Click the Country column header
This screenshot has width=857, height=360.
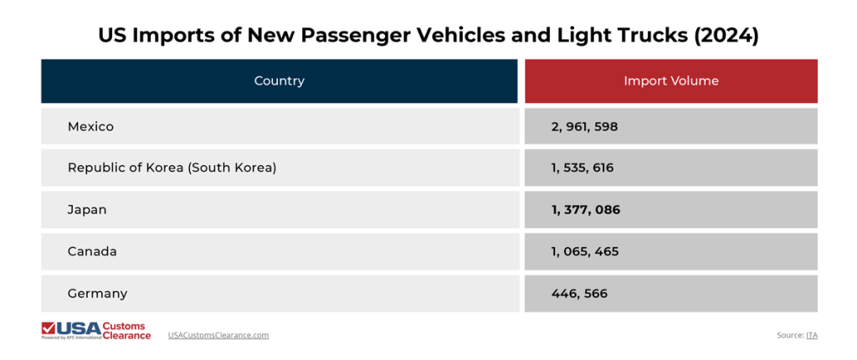pos(279,81)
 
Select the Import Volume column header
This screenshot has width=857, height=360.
pos(670,81)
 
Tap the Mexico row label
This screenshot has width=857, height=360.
pos(90,126)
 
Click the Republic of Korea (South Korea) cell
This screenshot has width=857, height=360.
pos(172,167)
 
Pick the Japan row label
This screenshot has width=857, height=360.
pos(87,210)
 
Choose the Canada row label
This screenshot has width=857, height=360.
pos(92,251)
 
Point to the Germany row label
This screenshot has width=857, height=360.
pos(97,294)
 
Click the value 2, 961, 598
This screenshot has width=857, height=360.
pos(584,126)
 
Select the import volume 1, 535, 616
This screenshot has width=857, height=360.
pos(582,167)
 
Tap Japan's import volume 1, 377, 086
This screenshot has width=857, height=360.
pos(585,210)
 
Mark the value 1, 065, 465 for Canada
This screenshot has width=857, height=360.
pos(585,251)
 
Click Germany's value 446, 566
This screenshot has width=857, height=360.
pos(579,294)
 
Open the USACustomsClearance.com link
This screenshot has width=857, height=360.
pos(218,335)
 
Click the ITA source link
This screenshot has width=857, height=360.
pos(811,335)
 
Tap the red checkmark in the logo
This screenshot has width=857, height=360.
pos(49,327)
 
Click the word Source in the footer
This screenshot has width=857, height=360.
pos(789,335)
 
